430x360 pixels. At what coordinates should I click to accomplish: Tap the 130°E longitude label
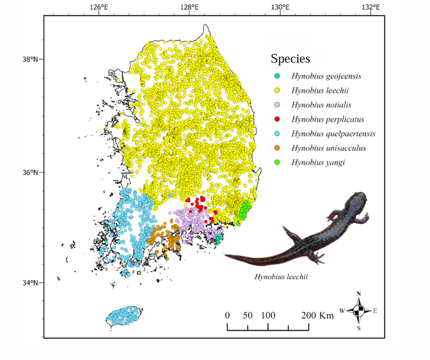coord(280,8)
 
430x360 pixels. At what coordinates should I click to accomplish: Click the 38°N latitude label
coord(30,60)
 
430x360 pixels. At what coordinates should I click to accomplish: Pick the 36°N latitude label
coord(30,172)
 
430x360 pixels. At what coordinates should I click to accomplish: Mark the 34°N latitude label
coord(30,283)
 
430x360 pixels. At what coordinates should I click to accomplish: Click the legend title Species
coord(290,59)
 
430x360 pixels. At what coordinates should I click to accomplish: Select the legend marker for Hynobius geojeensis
coord(277,77)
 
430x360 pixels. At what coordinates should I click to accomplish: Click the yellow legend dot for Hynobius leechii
coord(277,91)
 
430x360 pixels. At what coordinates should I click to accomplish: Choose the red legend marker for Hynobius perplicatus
coord(277,119)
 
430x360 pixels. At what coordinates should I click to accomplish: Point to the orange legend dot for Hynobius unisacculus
coord(277,148)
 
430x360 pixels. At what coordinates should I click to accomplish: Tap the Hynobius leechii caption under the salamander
coord(281,276)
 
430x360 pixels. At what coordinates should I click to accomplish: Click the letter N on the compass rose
coord(358,294)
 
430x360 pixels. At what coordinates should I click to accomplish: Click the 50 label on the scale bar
coord(247,315)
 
